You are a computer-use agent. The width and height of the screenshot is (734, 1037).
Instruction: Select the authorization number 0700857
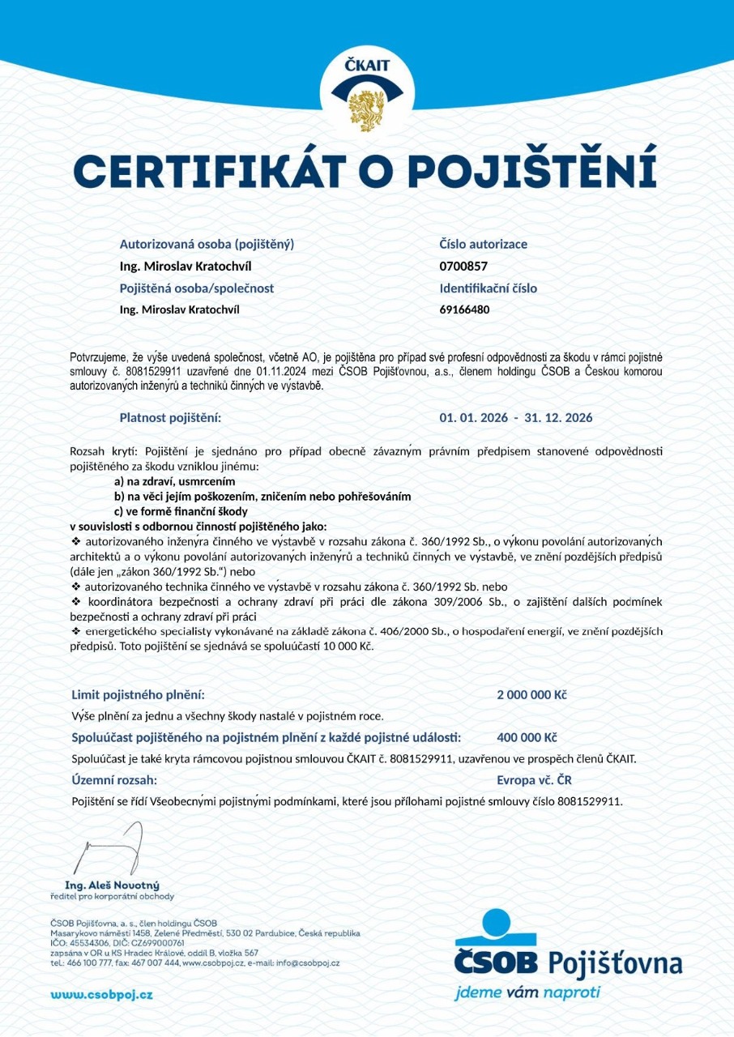click(x=463, y=266)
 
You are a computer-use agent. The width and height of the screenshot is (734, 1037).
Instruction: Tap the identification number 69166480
click(x=464, y=309)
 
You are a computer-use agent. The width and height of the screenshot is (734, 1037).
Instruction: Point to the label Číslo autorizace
click(x=483, y=244)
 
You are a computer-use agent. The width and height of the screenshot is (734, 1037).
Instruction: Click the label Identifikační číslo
click(x=488, y=288)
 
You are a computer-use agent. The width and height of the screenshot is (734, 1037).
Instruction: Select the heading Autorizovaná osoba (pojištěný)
click(x=207, y=244)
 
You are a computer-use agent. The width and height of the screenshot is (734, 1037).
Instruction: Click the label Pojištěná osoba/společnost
click(x=197, y=288)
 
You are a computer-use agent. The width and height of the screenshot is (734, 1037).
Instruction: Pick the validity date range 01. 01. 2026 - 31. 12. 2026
click(x=515, y=418)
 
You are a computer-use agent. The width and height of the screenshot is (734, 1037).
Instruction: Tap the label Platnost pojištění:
click(x=170, y=418)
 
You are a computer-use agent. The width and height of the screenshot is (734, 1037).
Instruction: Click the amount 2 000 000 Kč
click(x=531, y=695)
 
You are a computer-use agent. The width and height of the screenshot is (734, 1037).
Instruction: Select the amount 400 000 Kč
click(x=527, y=738)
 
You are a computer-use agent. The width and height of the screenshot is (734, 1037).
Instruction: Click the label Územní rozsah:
click(x=114, y=780)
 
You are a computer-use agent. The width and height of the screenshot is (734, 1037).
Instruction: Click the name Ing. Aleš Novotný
click(x=112, y=885)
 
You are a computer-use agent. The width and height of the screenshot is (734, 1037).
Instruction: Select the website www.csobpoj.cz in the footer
click(x=101, y=994)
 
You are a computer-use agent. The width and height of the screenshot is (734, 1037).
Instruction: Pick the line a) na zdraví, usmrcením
click(x=169, y=482)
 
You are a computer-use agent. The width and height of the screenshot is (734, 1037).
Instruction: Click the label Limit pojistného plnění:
click(x=139, y=695)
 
